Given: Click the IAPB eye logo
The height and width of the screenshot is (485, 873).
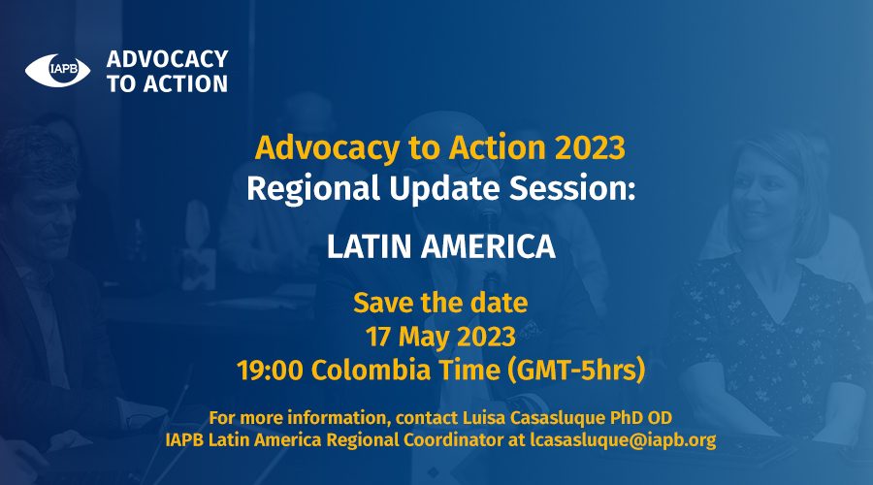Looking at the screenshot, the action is coord(57,70).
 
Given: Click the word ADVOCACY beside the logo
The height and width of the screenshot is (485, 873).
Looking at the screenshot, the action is coord(167,59).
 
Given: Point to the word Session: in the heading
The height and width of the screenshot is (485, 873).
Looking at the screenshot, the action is coord(572,188).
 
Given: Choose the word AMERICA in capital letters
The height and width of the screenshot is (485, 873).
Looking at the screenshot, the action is coord(488,246).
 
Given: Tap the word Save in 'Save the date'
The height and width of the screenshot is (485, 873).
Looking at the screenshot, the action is coord(383,303).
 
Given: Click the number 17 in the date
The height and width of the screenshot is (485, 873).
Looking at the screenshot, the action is coord(378,337).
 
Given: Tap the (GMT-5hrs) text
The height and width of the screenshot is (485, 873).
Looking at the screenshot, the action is coord(576,371).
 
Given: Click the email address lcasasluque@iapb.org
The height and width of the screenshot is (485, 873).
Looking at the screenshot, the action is coord(623,440).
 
